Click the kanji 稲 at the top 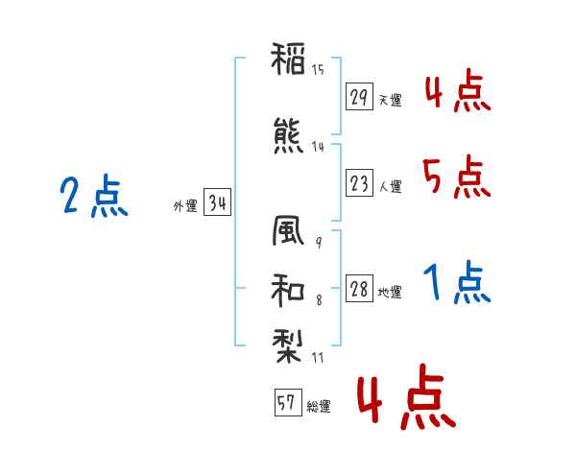coord(288,59)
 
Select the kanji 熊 coord(288,136)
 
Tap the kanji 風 coord(288,230)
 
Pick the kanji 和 coord(288,290)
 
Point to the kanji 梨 coord(288,346)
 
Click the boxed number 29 coord(359,97)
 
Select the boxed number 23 coord(359,182)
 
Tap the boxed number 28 coord(359,288)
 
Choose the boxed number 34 coord(217,202)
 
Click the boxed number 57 coord(288,402)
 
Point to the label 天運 coord(391,100)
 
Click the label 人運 coord(391,186)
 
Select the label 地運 coord(390,293)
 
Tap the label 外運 coord(185,206)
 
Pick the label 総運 coord(319,407)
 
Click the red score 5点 coord(457,177)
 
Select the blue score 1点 coord(457,282)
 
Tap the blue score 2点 coord(94,196)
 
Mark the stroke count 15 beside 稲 coord(318,69)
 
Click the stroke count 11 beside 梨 coord(318,357)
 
